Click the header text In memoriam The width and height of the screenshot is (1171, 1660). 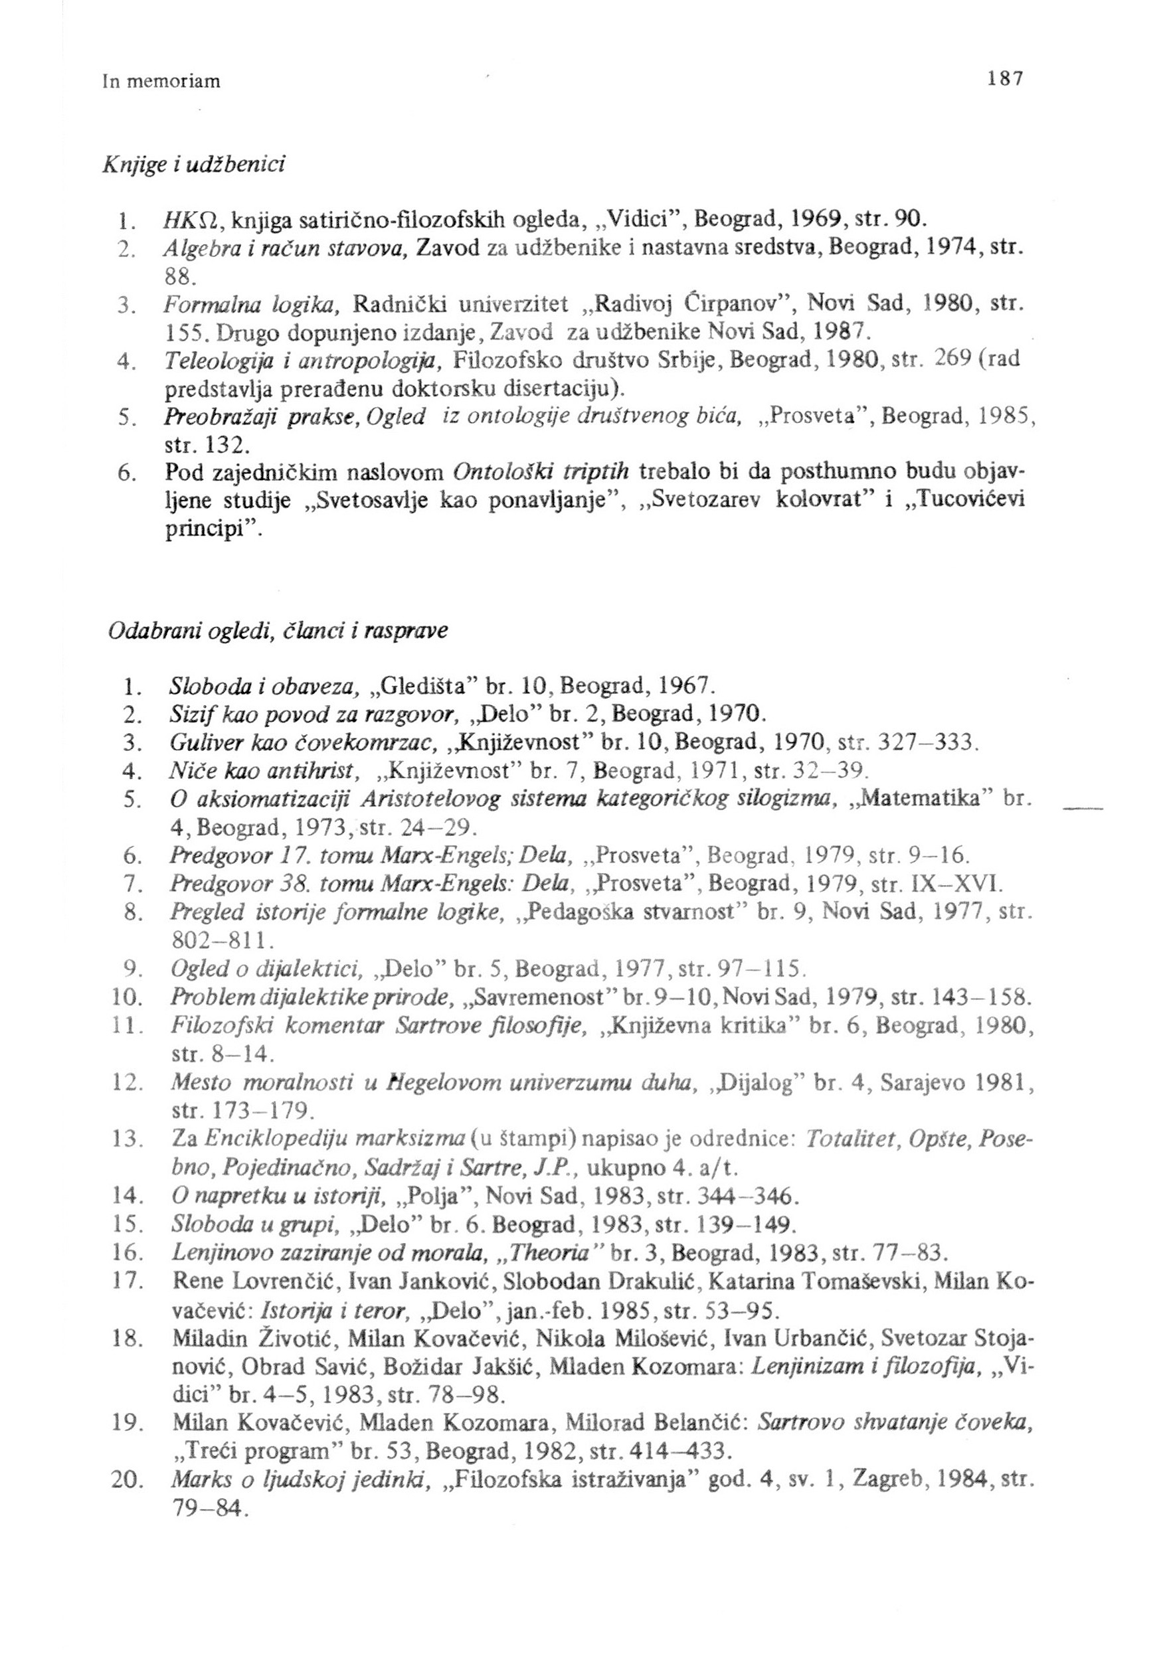pos(161,81)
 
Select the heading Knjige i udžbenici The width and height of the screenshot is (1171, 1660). pos(194,165)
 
